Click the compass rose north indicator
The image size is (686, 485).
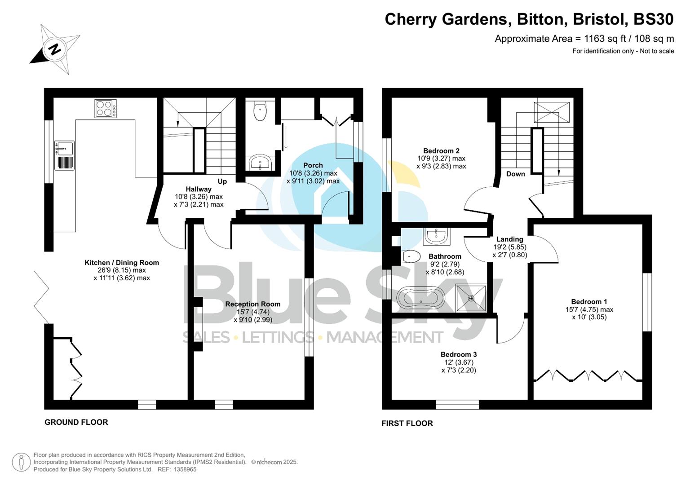pos(54,48)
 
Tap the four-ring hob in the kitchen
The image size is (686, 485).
pos(106,108)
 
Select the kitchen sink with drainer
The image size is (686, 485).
pos(65,155)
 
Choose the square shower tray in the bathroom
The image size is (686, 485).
pos(471,298)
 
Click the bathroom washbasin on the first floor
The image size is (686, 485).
pos(436,236)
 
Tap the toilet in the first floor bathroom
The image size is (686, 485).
pos(411,256)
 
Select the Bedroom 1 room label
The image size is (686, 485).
pos(589,302)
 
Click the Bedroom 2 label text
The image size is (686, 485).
pos(441,151)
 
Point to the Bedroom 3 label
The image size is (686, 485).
pos(458,355)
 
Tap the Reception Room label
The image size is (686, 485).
pos(252,304)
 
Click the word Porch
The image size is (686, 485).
pos(313,165)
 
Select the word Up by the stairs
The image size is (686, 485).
pos(222,181)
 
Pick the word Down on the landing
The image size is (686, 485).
pos(515,174)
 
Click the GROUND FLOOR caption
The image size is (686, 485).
pos(76,422)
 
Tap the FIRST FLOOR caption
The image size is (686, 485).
pos(407,423)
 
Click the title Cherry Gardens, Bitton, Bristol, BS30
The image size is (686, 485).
pos(529,19)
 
